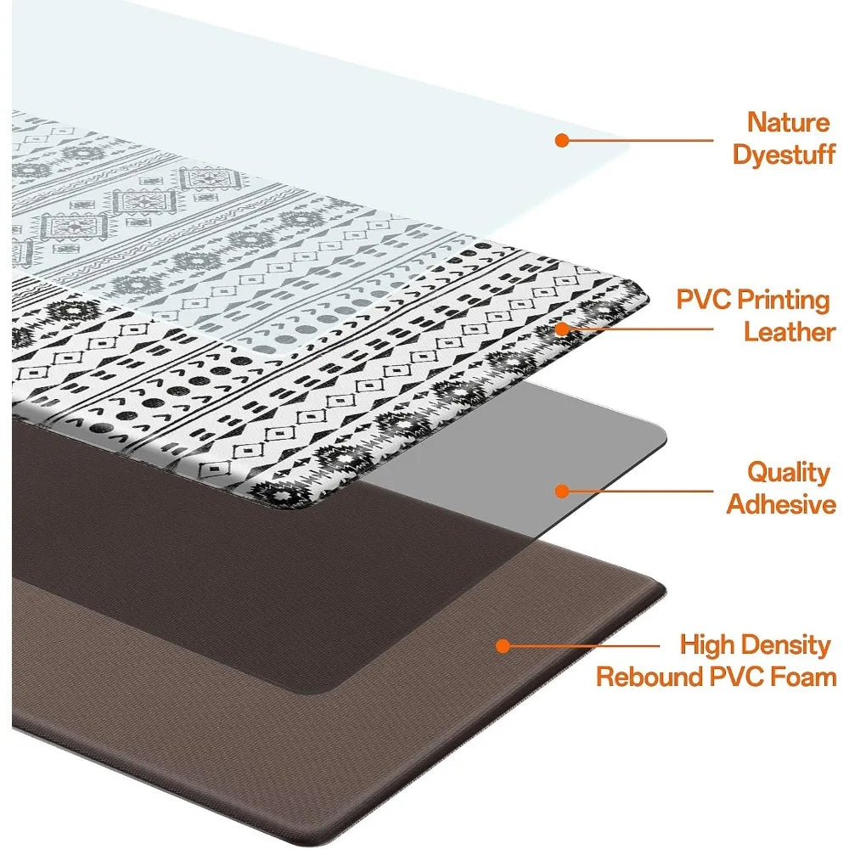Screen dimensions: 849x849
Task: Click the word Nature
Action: (x=789, y=122)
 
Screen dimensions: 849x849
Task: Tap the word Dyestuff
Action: (x=783, y=155)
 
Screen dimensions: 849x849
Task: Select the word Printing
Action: (x=783, y=300)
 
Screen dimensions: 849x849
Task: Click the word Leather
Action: (x=789, y=332)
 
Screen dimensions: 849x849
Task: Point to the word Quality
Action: (x=788, y=472)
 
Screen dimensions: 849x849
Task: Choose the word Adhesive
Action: (x=781, y=505)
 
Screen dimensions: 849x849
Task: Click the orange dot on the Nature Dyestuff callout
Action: (x=561, y=140)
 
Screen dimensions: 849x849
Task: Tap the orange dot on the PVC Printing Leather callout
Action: (x=561, y=328)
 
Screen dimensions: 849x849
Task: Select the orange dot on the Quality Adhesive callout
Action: (x=561, y=490)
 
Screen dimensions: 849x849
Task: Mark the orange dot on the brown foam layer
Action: (x=503, y=646)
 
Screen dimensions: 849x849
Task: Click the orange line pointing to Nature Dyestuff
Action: (x=637, y=141)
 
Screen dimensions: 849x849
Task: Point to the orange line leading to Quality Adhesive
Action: (x=637, y=490)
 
